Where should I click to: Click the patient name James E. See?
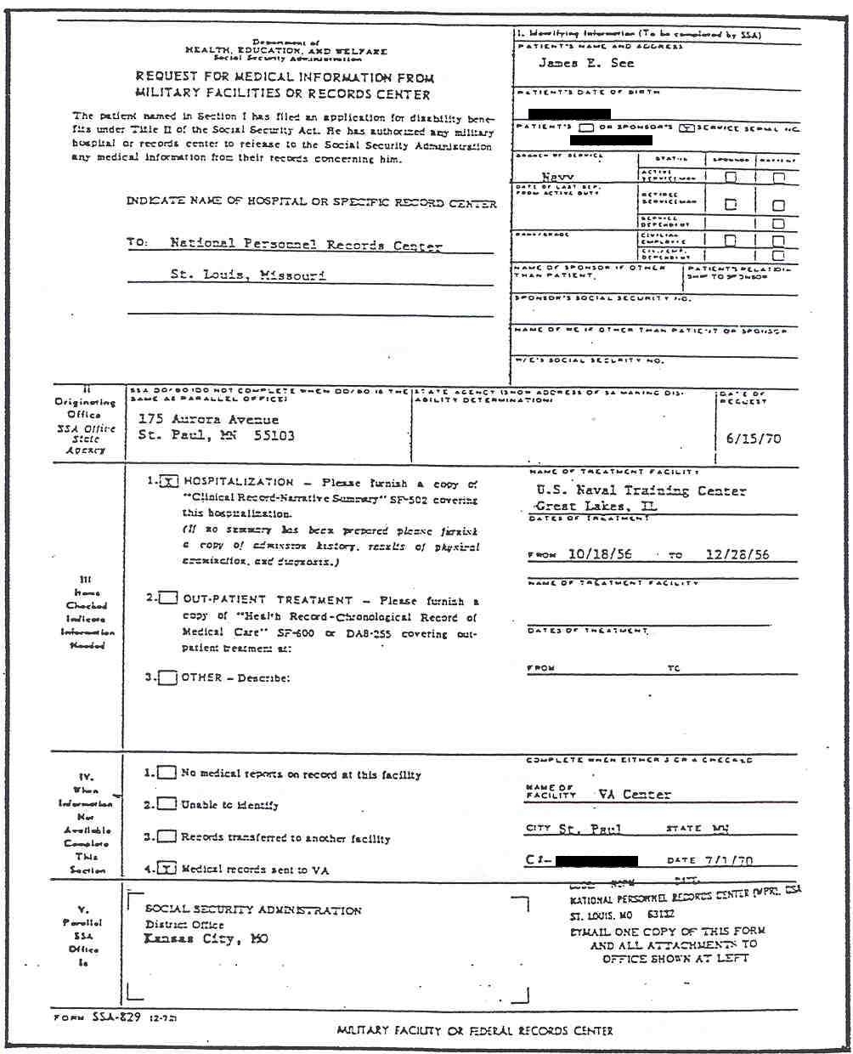coord(586,63)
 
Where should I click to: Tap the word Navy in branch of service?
coord(557,177)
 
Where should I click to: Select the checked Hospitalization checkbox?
coord(168,482)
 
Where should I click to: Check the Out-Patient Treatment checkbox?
coord(168,598)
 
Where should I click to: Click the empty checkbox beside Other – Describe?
coord(168,677)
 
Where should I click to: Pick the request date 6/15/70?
coord(753,439)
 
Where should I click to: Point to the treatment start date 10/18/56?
coord(600,553)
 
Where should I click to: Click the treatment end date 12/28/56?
coord(737,553)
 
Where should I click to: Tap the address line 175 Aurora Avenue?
coord(208,419)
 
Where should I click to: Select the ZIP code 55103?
coord(274,435)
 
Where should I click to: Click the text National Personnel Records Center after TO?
coord(306,244)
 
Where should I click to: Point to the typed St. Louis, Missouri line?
coord(247,275)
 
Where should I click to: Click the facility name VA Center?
coord(634,794)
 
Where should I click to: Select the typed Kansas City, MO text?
coord(206,938)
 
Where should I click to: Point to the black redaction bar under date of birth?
coord(569,113)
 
